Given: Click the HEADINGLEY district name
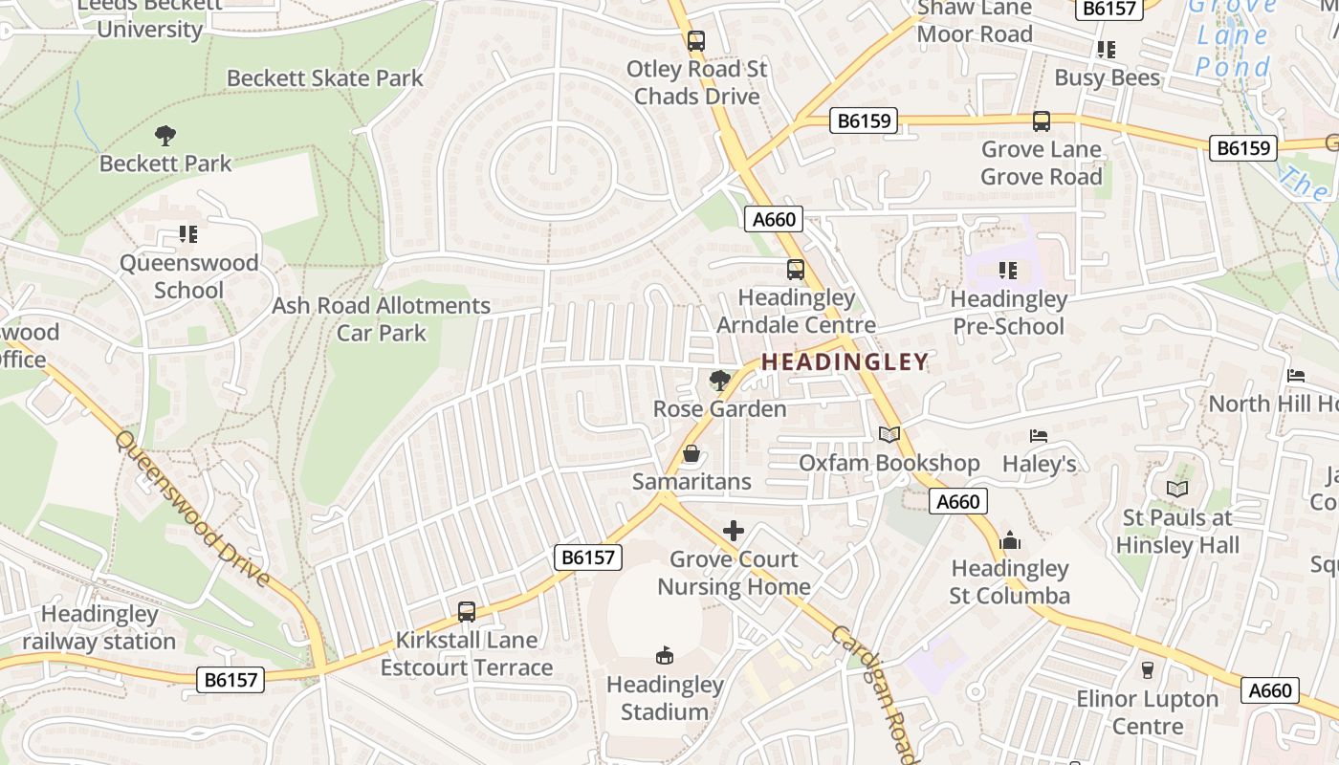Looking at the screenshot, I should coord(845,361).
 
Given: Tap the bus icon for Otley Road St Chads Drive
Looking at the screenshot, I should coord(695,41).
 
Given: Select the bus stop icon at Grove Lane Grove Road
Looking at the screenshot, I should coord(1041,121).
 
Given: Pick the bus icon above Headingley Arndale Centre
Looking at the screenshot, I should coord(795,270).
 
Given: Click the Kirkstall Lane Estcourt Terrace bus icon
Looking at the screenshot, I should coord(467,612).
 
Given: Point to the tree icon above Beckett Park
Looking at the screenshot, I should coord(165,135).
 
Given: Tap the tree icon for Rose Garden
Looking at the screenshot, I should coord(719,381).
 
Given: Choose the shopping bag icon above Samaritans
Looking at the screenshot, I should coord(691,453).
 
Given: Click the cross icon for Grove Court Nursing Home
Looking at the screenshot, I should coord(734,531).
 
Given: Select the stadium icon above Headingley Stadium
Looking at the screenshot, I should coord(665,655).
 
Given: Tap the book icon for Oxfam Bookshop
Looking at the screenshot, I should coord(889,435).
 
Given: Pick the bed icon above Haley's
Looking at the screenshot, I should coord(1039,436).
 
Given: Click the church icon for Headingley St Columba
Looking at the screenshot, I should coord(1009,541).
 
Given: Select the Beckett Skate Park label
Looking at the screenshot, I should coord(324,77).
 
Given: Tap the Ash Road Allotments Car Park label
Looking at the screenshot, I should coord(381,319).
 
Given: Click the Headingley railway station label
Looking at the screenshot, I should coord(99,627).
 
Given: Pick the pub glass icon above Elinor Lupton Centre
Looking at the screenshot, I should coord(1148,670).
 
